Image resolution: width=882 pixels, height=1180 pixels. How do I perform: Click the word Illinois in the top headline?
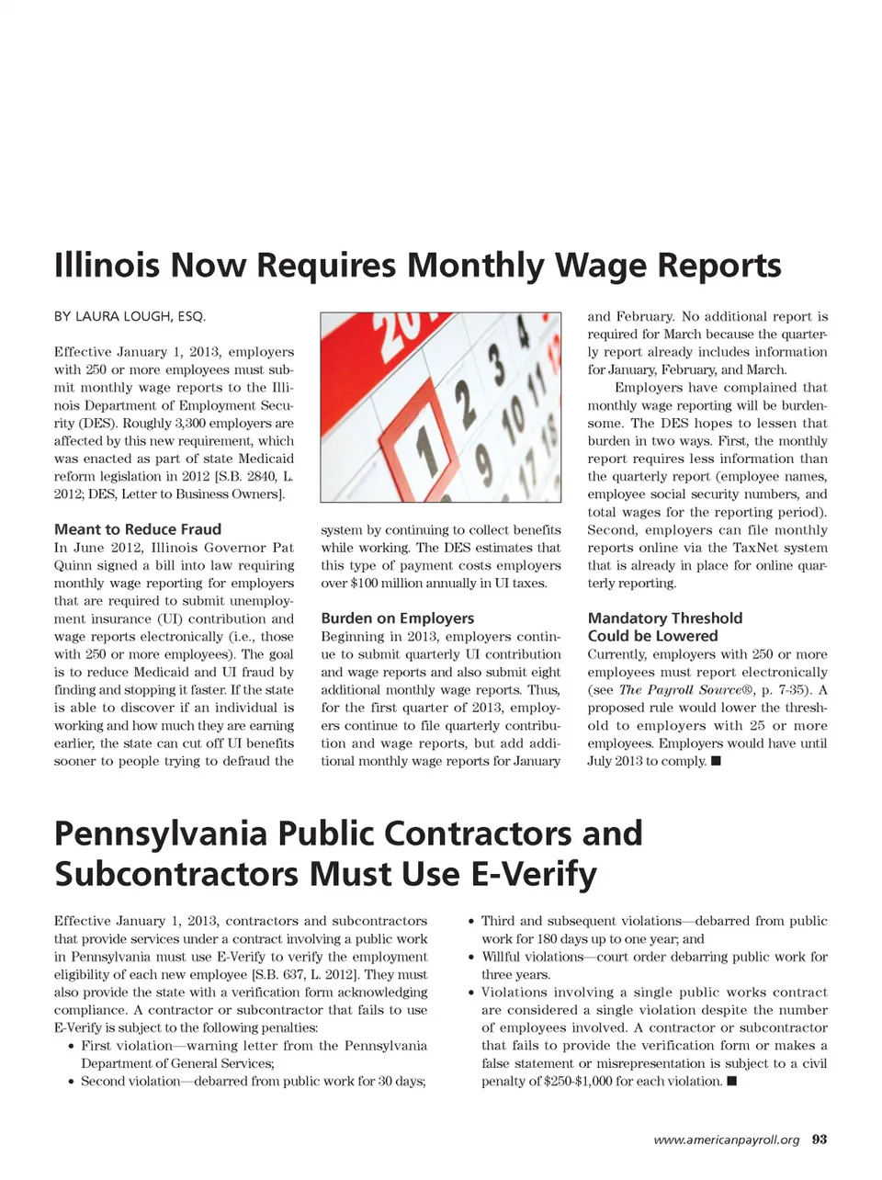(x=107, y=266)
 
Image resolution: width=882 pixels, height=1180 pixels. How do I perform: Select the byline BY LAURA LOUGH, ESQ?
(x=130, y=316)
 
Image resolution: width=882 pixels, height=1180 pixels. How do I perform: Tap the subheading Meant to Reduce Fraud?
(x=138, y=529)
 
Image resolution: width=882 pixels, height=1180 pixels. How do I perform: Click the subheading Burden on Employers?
(x=398, y=618)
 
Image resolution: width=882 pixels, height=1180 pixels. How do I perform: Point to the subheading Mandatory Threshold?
(x=665, y=618)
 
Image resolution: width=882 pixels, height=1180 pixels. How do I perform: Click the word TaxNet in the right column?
(x=756, y=548)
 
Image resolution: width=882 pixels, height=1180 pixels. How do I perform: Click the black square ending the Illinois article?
(x=717, y=761)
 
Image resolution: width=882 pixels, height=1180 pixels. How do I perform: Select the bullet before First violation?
(x=71, y=1047)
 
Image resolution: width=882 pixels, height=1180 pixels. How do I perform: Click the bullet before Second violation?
(x=71, y=1082)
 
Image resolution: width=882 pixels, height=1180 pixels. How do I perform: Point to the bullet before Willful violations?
(x=471, y=958)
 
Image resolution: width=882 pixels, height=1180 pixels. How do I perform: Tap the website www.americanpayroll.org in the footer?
(x=726, y=1140)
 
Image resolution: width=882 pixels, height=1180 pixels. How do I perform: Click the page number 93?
(x=820, y=1140)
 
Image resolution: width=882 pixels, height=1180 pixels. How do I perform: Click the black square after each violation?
(x=732, y=1082)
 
